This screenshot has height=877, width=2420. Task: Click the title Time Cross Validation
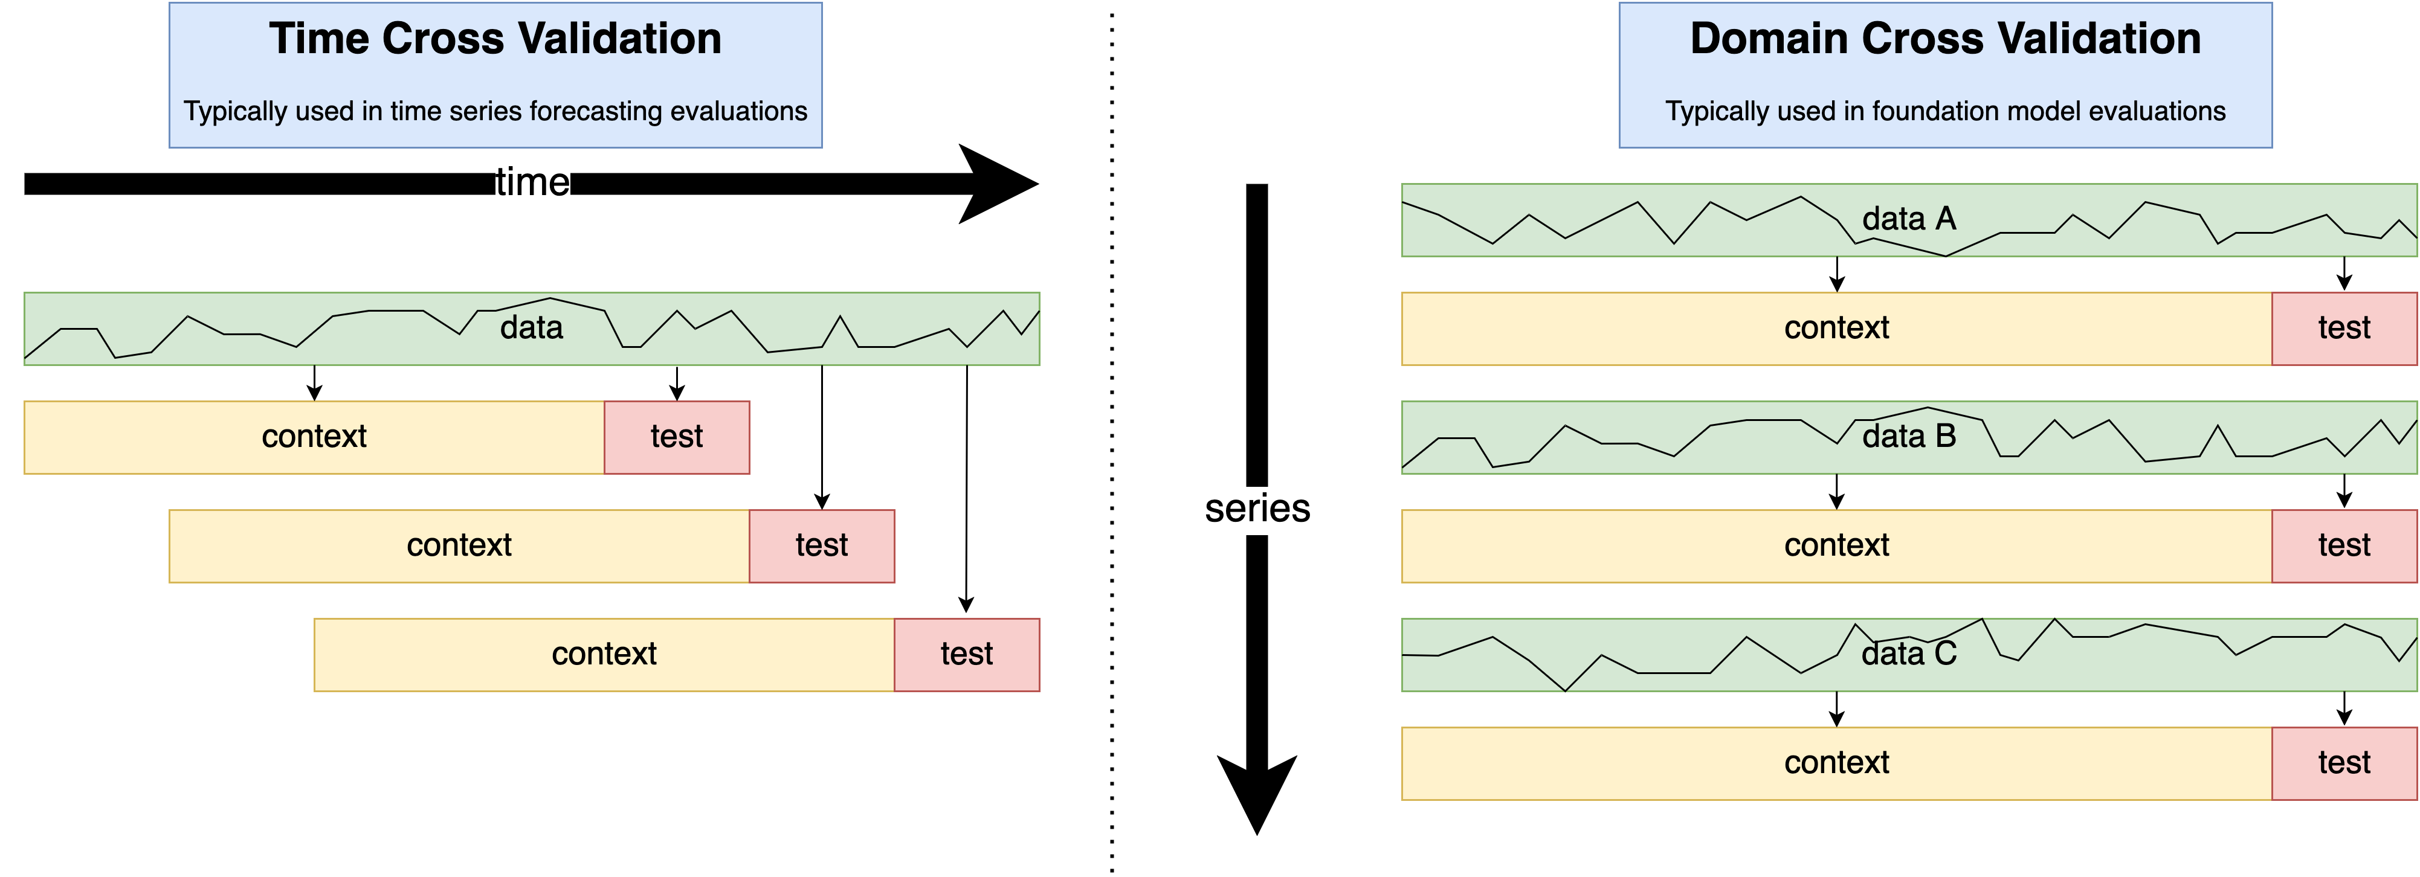pos(495,39)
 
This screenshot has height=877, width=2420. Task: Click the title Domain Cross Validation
pos(1944,39)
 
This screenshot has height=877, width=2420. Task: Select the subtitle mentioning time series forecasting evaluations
pos(495,111)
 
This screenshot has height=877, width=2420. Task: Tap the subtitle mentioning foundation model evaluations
pos(1944,111)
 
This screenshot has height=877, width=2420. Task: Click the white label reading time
pos(532,183)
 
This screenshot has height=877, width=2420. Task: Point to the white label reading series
pos(1257,509)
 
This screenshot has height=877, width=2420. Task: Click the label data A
pos(1909,219)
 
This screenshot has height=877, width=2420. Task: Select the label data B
pos(1909,437)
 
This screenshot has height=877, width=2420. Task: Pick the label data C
pos(1909,654)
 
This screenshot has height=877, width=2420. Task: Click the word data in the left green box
pos(532,328)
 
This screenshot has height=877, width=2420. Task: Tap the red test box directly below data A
pos(2344,328)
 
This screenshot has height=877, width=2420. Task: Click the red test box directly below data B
pos(2344,545)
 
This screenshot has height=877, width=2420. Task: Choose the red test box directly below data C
pos(2344,762)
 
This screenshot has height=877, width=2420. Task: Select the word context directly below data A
pos(1836,328)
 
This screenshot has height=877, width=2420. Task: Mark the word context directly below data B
pos(1836,545)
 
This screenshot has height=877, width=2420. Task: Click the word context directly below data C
pos(1836,762)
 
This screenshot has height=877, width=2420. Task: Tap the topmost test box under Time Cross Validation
pos(676,437)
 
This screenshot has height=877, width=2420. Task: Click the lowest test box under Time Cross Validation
pos(967,654)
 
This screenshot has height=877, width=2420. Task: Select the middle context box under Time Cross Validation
pos(459,545)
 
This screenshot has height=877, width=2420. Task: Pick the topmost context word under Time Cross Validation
pos(314,437)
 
